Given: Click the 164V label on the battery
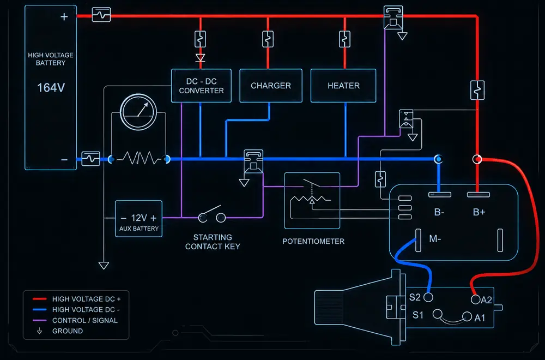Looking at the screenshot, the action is (x=51, y=88).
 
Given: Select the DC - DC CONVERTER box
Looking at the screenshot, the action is (x=201, y=86).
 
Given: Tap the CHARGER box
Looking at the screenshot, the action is (x=271, y=86).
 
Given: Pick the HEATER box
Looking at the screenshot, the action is (x=343, y=86).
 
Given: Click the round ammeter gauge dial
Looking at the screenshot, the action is (x=138, y=112).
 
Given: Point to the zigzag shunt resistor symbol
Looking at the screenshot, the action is (x=139, y=158).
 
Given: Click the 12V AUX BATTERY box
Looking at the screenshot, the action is (x=138, y=219).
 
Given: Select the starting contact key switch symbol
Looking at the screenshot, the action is (x=211, y=214).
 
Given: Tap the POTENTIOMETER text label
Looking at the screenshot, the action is (x=313, y=242).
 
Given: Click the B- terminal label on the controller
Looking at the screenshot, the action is (x=439, y=212).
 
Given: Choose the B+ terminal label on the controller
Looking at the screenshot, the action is (x=479, y=212).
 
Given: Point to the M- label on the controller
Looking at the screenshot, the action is (x=435, y=239).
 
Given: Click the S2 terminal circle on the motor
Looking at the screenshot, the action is (x=428, y=297).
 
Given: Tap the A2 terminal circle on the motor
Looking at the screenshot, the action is (x=475, y=299).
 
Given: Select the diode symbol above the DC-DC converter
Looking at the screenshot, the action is (x=200, y=58).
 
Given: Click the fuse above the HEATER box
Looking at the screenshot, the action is (x=344, y=39).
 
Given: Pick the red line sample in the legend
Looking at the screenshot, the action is (x=39, y=299).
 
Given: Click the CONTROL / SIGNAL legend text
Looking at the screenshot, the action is (x=85, y=320).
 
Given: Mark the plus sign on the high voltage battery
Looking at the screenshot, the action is (x=64, y=17).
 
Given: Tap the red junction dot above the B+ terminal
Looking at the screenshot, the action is (x=477, y=159).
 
